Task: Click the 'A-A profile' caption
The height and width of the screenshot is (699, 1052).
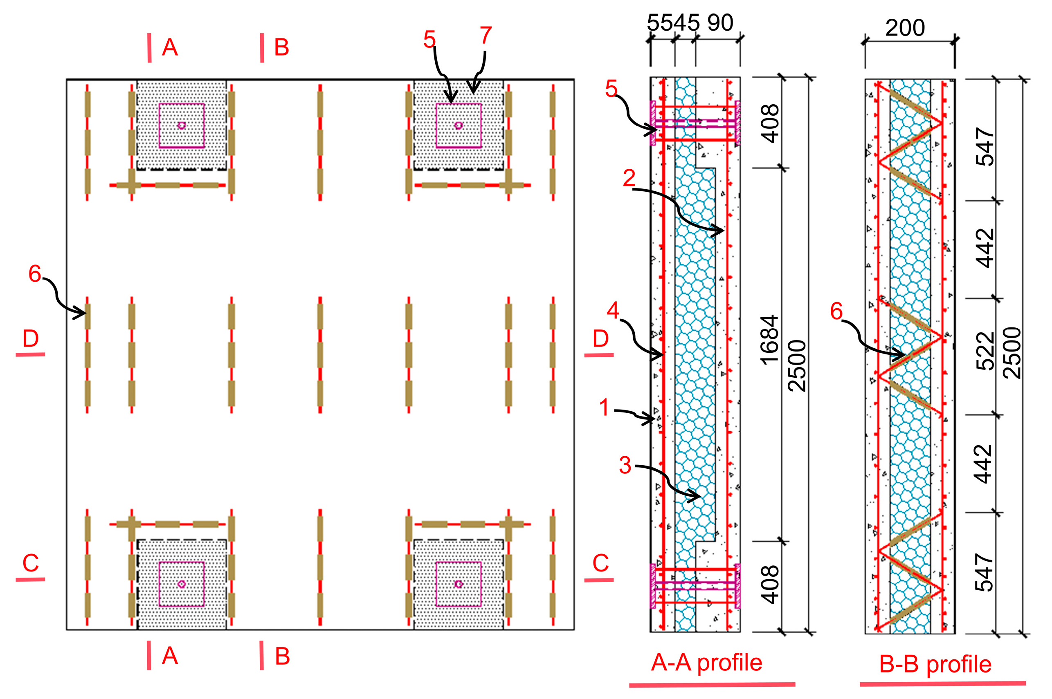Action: pyautogui.click(x=706, y=663)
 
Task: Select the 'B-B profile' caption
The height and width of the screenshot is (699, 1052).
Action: pyautogui.click(x=935, y=665)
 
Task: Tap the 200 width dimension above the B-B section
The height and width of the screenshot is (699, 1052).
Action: pyautogui.click(x=905, y=28)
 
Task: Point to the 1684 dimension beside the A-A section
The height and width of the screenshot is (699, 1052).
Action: pyautogui.click(x=770, y=340)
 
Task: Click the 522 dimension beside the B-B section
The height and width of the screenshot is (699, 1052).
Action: pyautogui.click(x=985, y=351)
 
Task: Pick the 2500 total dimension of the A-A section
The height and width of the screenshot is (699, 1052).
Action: pyautogui.click(x=797, y=365)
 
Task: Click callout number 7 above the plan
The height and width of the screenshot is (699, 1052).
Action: pyautogui.click(x=486, y=36)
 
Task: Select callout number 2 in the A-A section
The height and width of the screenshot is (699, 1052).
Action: pyautogui.click(x=629, y=178)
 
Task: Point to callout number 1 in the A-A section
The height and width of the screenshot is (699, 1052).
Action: pyautogui.click(x=604, y=408)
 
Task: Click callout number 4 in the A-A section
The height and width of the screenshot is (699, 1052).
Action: pyautogui.click(x=613, y=310)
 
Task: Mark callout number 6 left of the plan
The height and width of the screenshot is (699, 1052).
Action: pyautogui.click(x=35, y=274)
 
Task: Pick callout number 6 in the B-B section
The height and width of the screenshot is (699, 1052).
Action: pyautogui.click(x=836, y=311)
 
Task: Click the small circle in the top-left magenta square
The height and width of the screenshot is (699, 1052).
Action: pyautogui.click(x=182, y=125)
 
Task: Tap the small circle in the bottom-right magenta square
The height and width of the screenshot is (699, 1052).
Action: pyautogui.click(x=459, y=584)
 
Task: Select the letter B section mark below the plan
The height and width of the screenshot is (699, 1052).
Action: pyautogui.click(x=282, y=656)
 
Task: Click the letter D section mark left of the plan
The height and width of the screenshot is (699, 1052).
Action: pyautogui.click(x=30, y=339)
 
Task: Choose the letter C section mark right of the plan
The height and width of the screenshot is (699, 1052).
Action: pyautogui.click(x=600, y=563)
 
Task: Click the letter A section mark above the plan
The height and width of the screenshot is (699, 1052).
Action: pyautogui.click(x=170, y=47)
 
